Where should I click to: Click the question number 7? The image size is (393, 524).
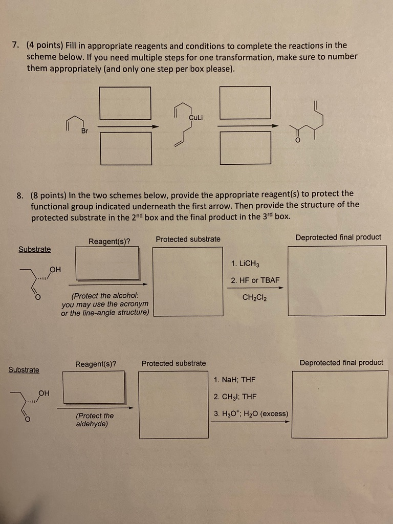tap(15, 46)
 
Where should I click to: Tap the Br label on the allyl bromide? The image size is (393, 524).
tap(84, 131)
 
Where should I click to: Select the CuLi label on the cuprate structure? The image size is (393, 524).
tap(196, 117)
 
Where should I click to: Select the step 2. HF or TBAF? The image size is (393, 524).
tap(255, 280)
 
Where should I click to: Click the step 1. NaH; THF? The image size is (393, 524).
tap(234, 380)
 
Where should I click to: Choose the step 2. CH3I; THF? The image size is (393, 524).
tap(235, 397)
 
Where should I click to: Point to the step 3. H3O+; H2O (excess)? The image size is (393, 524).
tap(251, 413)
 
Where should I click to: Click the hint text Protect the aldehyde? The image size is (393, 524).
tap(95, 420)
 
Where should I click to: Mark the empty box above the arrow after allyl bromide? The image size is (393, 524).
tap(125, 103)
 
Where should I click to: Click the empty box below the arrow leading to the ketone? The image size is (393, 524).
tap(245, 148)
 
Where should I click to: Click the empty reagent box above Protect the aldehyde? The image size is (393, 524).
tap(94, 387)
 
